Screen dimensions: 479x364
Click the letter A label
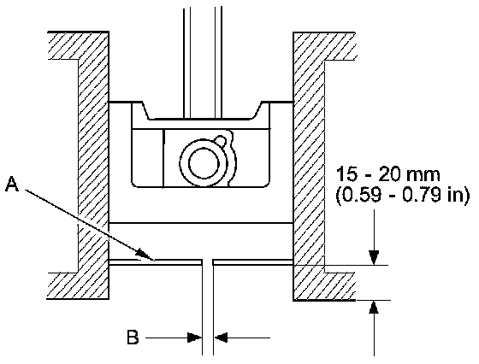click(12, 184)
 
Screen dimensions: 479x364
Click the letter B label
click(133, 338)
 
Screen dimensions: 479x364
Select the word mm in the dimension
click(423, 175)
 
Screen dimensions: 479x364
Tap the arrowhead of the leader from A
click(145, 255)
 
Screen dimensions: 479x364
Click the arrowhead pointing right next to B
click(194, 338)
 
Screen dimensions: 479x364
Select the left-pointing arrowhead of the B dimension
click(221, 338)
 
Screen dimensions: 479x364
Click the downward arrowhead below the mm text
click(374, 257)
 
